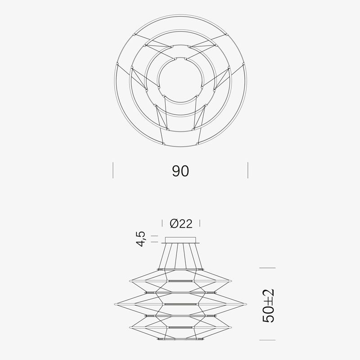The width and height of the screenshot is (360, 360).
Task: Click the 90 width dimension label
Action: [180, 171]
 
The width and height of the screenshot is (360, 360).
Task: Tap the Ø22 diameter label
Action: [181, 223]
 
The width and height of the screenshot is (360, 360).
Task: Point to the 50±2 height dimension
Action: [268, 306]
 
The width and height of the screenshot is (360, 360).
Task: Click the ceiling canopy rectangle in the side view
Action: [180, 240]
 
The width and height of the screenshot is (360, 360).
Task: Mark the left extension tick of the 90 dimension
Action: [113, 170]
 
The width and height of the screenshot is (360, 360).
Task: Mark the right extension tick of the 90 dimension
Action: [248, 170]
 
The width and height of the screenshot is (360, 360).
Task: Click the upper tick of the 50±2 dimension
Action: [267, 268]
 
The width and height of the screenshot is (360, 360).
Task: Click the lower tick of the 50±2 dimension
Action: [267, 340]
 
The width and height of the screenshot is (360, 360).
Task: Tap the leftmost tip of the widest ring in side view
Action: [115, 304]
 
